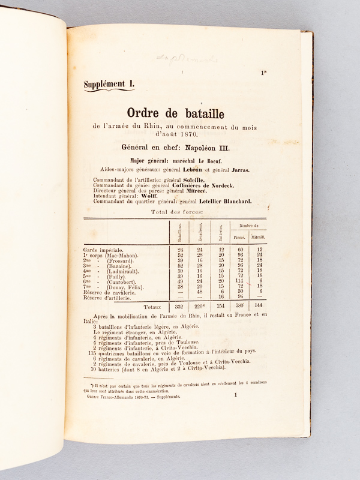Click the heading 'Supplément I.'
pyautogui.click(x=109, y=85)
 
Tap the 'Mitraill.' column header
pyautogui.click(x=257, y=237)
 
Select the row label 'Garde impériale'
pyautogui.click(x=104, y=249)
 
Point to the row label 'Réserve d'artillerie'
pyautogui.click(x=110, y=297)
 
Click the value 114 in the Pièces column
pyautogui.click(x=239, y=281)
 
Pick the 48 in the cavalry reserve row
pyautogui.click(x=200, y=292)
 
